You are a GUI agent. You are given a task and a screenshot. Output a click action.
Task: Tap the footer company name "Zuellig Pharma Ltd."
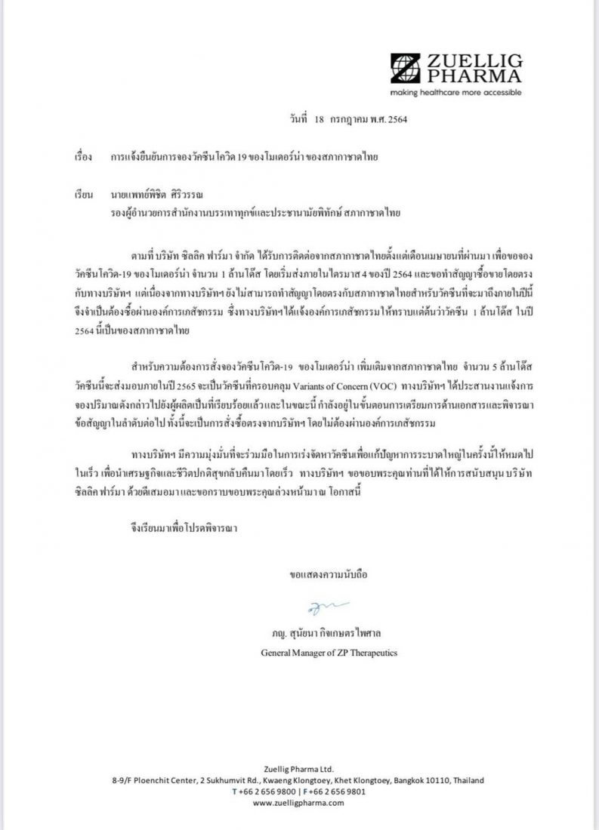pos(298,768)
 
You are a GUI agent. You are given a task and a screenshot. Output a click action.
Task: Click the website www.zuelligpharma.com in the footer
pos(298,803)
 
